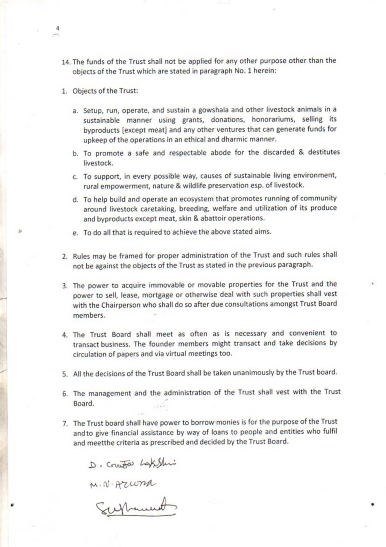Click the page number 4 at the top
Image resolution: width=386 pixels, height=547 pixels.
58,28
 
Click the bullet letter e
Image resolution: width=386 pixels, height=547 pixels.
75,232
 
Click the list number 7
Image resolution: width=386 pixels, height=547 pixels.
65,423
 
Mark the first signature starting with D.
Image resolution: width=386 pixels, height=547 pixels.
133,465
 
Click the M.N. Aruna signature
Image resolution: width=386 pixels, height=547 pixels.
123,485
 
